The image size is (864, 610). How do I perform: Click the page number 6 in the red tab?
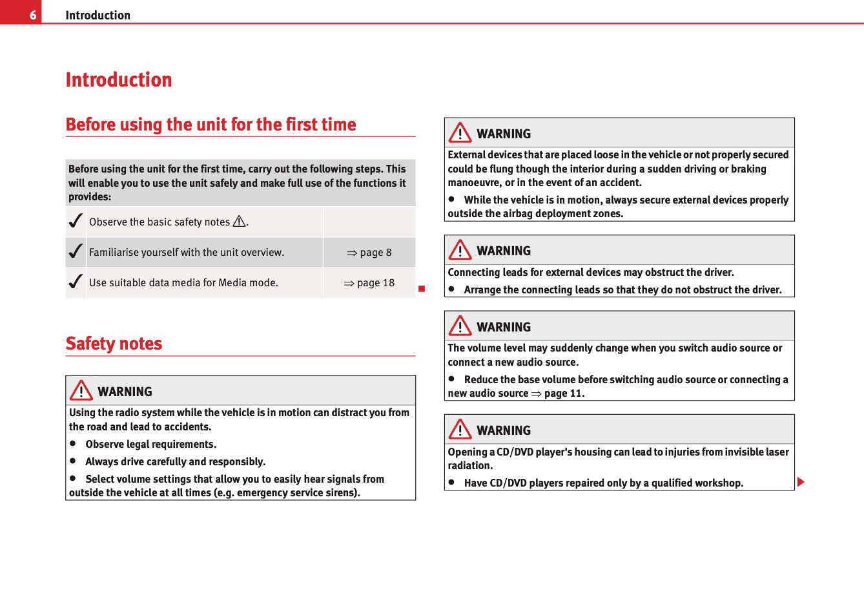pos(32,15)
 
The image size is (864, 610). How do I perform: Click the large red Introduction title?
pos(119,79)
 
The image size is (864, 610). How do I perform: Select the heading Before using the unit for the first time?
pos(211,124)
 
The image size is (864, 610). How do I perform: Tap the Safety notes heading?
pos(114,343)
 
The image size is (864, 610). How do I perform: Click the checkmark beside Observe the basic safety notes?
pos(76,221)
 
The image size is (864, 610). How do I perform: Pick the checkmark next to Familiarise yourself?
pos(76,251)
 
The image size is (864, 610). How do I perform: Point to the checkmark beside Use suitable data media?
pos(76,282)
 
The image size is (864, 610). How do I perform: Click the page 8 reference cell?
pos(369,253)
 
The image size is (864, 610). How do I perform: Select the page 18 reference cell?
pos(369,283)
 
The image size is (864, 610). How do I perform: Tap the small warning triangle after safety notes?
pos(240,222)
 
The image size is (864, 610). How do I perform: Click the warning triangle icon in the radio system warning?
pos(81,391)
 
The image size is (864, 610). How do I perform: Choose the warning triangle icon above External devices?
pos(460,133)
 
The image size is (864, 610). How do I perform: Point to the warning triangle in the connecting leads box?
pos(460,250)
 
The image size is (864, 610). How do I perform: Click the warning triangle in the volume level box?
pos(460,326)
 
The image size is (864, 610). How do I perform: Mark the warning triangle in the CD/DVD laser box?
pos(460,430)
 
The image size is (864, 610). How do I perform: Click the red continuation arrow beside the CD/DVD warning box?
pos(801,482)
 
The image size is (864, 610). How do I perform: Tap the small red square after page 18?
pos(422,288)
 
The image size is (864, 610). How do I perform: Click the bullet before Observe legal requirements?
pos(74,443)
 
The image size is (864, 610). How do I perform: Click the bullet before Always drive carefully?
pos(74,461)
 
